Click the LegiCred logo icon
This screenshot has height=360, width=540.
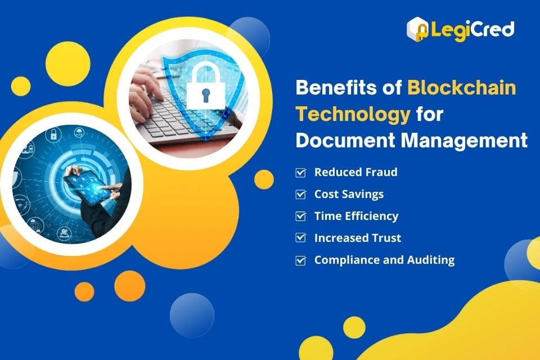pos(418,28)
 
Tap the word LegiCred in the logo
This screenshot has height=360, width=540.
pos(472,29)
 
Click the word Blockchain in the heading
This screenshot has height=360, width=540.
pos(461,88)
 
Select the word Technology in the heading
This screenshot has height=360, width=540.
pos(353,114)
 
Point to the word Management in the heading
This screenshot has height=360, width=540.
pos(464,141)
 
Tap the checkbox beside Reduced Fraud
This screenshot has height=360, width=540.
pos(301,172)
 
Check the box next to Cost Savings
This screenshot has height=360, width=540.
pos(301,194)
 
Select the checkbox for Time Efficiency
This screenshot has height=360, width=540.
pos(301,216)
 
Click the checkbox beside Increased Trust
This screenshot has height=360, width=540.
pos(301,238)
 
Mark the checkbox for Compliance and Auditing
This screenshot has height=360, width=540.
pos(301,260)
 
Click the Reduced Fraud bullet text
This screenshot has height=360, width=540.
pos(355,172)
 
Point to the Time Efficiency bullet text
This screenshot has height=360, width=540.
pos(356,216)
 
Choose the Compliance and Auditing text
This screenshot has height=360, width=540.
pos(384,260)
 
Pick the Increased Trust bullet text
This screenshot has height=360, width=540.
pos(358,238)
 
